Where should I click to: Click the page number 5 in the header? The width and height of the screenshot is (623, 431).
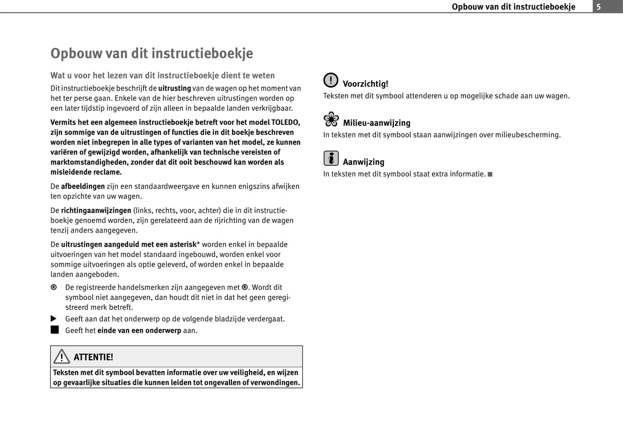pyautogui.click(x=598, y=6)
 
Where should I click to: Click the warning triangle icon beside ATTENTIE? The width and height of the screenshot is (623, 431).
pyautogui.click(x=62, y=357)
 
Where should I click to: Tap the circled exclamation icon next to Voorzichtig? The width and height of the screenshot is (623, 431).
pyautogui.click(x=331, y=80)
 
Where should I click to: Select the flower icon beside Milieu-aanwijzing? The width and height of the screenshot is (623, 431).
pyautogui.click(x=331, y=119)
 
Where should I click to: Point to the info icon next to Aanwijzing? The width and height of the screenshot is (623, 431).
pyautogui.click(x=331, y=158)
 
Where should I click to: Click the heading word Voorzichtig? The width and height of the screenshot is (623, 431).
pyautogui.click(x=365, y=84)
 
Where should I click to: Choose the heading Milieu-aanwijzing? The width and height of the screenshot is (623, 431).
pyautogui.click(x=376, y=123)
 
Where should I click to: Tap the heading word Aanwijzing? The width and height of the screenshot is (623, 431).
pyautogui.click(x=363, y=162)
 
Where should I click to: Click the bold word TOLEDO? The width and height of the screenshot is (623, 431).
pyautogui.click(x=285, y=122)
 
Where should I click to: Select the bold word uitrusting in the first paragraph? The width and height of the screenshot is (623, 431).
pyautogui.click(x=175, y=88)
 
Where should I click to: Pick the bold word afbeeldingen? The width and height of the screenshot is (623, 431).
pyautogui.click(x=83, y=186)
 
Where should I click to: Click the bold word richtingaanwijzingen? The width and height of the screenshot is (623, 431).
pyautogui.click(x=96, y=210)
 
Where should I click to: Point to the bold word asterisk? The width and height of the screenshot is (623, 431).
pyautogui.click(x=182, y=244)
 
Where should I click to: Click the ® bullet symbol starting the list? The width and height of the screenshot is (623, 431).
pyautogui.click(x=53, y=288)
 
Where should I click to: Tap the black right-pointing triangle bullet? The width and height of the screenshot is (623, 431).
pyautogui.click(x=54, y=319)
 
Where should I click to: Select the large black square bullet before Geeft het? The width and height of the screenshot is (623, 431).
pyautogui.click(x=54, y=330)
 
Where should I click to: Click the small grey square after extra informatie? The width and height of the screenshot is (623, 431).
pyautogui.click(x=490, y=174)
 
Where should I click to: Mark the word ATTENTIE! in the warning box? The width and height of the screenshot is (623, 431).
pyautogui.click(x=93, y=357)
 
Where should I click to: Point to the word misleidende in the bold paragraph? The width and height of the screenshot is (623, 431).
pyautogui.click(x=70, y=172)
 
